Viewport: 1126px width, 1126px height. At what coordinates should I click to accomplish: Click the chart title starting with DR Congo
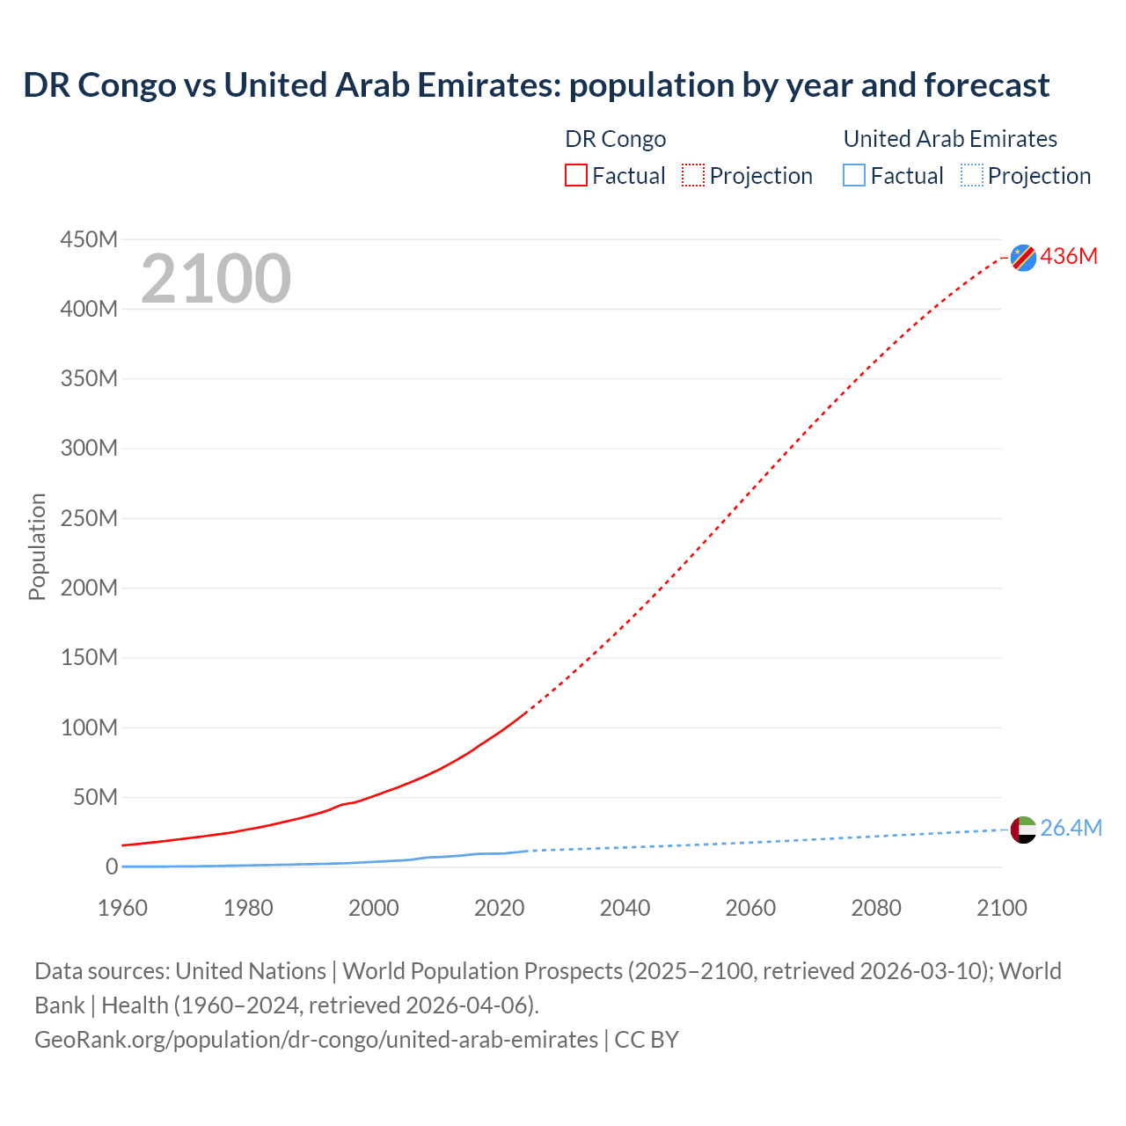[536, 85]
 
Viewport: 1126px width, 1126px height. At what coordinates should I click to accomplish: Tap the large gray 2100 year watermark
[216, 279]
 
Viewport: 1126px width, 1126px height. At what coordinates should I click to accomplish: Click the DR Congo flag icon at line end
[1023, 257]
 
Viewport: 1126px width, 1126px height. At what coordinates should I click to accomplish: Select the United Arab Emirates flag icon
[1023, 829]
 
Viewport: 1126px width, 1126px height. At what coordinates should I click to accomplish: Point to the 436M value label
[1069, 256]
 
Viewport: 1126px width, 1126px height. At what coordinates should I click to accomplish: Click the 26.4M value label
[1071, 828]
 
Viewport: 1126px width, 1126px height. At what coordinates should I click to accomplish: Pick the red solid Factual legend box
[575, 176]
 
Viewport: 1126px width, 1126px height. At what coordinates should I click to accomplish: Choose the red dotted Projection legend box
[693, 176]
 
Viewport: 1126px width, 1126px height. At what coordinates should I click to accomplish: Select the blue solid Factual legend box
[853, 176]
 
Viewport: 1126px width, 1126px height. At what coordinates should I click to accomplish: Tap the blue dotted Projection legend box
[971, 176]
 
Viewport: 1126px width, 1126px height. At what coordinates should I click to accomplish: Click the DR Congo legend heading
[615, 139]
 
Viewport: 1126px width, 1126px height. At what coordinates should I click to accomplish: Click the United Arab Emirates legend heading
[950, 139]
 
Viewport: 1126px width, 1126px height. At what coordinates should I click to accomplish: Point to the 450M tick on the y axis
[89, 239]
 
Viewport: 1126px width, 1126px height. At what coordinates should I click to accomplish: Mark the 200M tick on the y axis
[89, 588]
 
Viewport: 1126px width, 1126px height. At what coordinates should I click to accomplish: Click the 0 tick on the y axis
[111, 866]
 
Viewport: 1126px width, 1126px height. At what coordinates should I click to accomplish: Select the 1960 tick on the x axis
[122, 908]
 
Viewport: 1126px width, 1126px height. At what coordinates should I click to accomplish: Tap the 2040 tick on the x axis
[625, 908]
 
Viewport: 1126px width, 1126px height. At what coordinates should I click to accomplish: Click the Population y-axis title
[37, 546]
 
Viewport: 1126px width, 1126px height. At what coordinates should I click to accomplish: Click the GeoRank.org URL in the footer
[316, 1040]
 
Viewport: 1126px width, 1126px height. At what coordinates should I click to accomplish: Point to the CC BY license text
[647, 1040]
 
